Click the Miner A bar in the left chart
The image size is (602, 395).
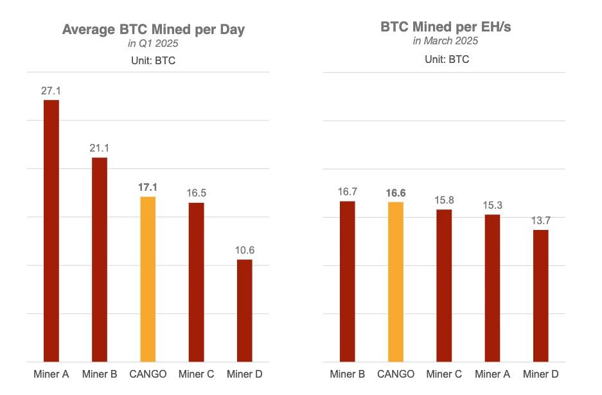click(51, 231)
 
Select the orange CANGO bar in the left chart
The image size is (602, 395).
click(148, 279)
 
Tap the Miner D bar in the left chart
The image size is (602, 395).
click(245, 311)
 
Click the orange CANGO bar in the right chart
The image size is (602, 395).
click(396, 282)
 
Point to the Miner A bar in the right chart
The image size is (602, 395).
click(492, 288)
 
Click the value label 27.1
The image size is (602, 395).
click(51, 91)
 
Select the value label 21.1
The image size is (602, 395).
click(99, 149)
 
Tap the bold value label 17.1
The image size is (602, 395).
click(148, 188)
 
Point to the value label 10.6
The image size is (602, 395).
click(245, 250)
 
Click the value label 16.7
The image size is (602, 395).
click(347, 192)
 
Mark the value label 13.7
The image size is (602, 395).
click(541, 221)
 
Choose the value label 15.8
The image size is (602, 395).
click(444, 200)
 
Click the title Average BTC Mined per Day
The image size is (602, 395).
click(154, 30)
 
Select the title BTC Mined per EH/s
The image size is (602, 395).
click(446, 27)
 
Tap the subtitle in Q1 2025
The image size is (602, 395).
click(153, 44)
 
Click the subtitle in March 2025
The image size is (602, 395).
click(446, 41)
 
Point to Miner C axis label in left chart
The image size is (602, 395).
click(196, 374)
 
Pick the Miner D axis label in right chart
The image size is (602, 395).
click(541, 374)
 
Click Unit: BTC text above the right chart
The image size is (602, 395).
click(446, 60)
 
